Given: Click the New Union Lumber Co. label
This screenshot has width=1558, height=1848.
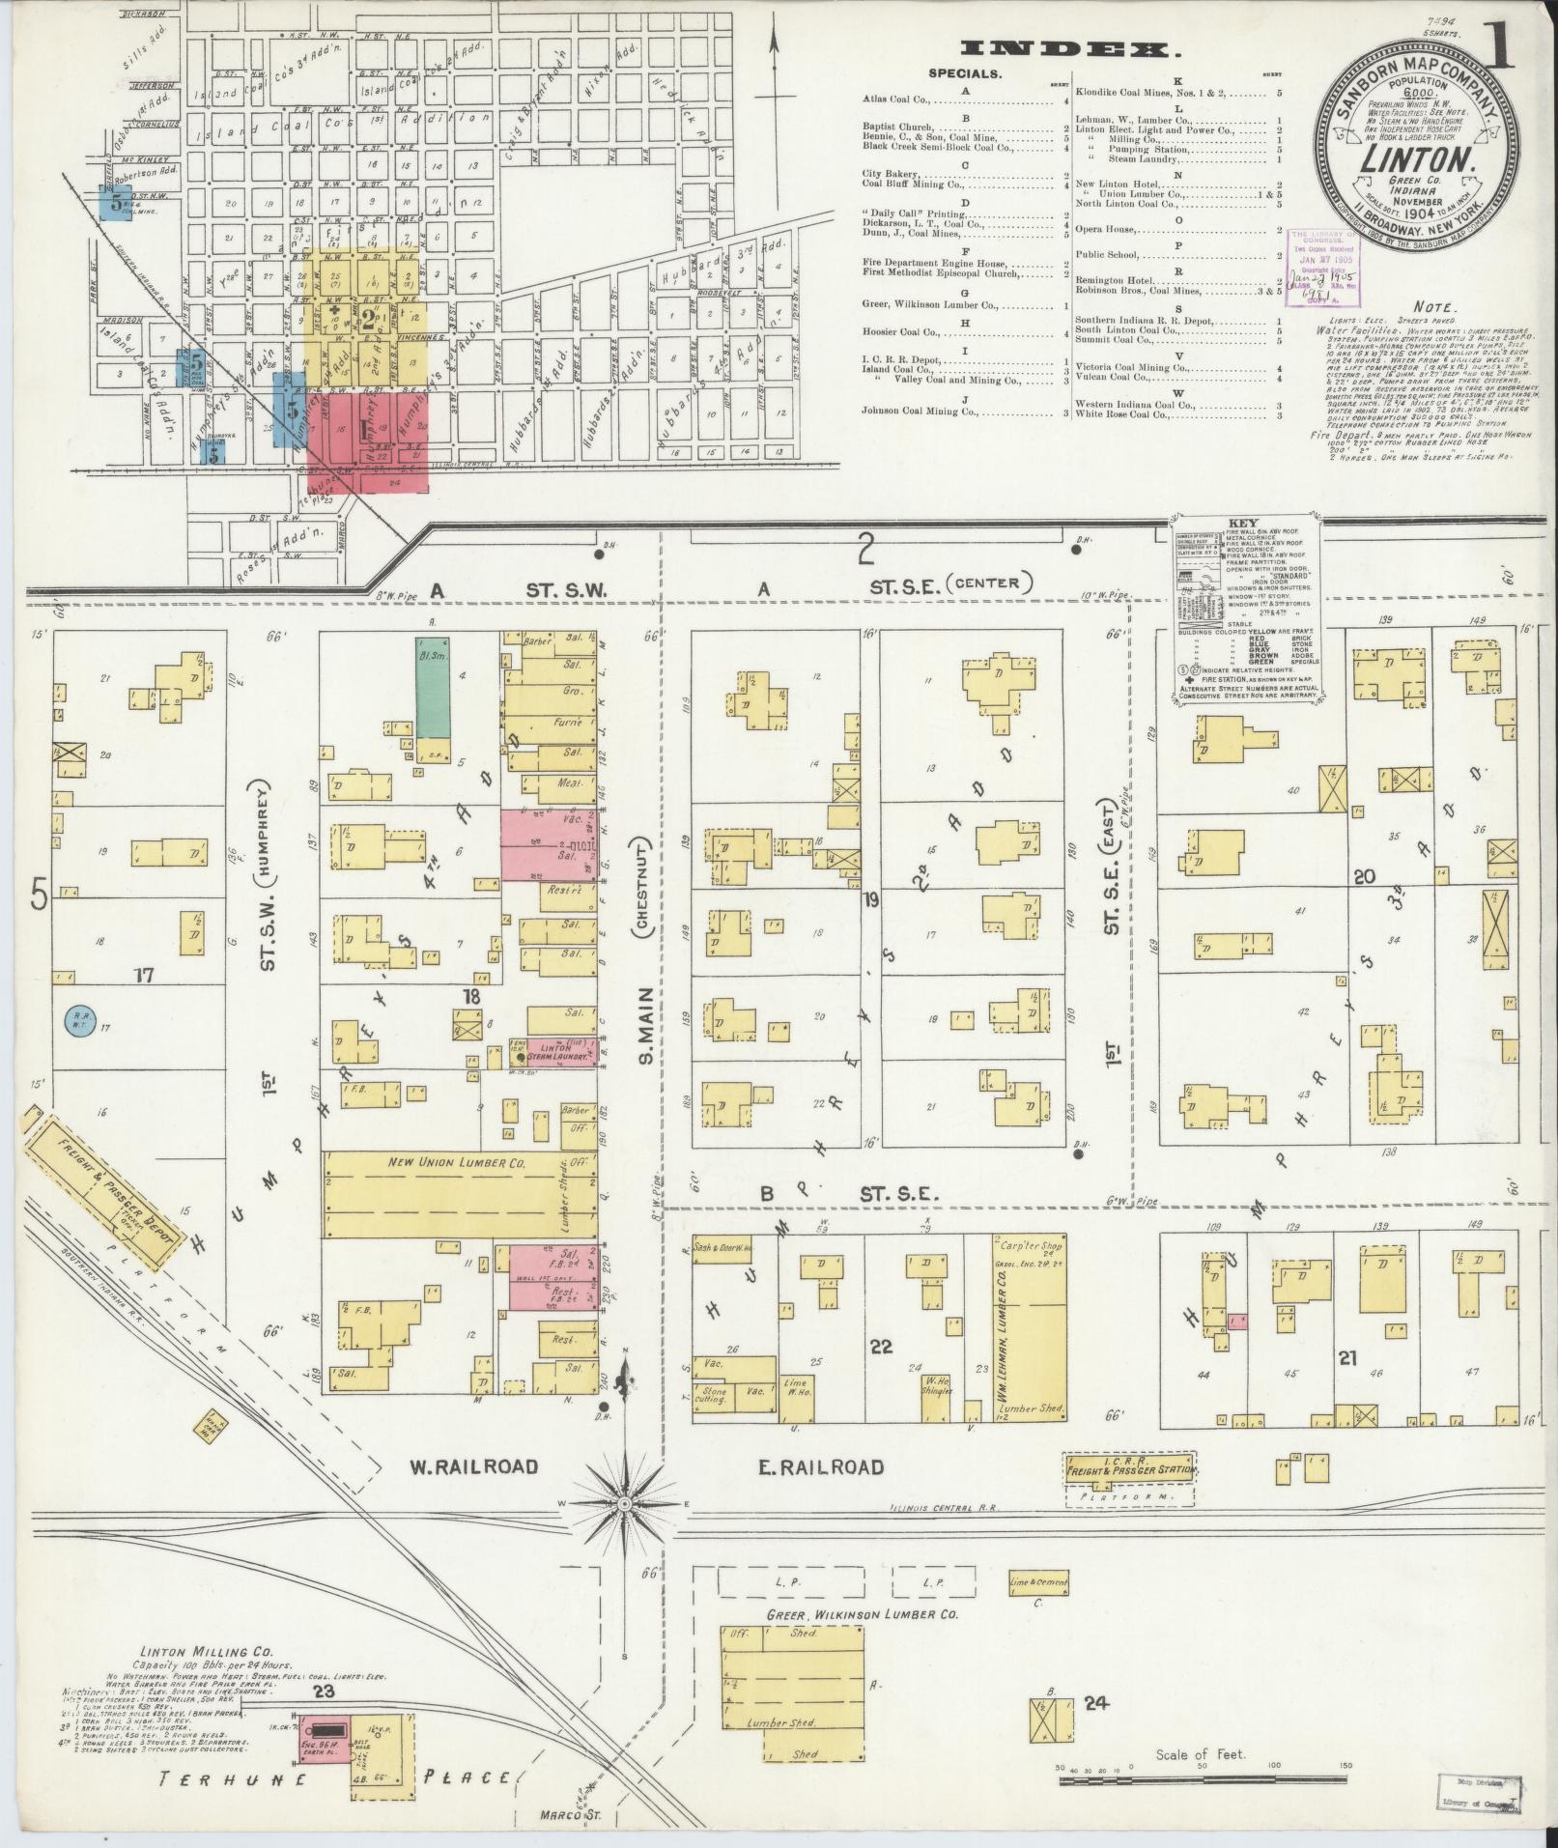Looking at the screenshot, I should (456, 1163).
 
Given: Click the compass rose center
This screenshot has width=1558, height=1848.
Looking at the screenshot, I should (625, 1531).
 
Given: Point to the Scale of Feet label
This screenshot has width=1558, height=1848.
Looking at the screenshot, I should (1200, 1754).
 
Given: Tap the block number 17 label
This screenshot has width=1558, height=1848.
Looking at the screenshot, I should (145, 976).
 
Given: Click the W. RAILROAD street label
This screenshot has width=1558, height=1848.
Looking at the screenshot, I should (473, 1494).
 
